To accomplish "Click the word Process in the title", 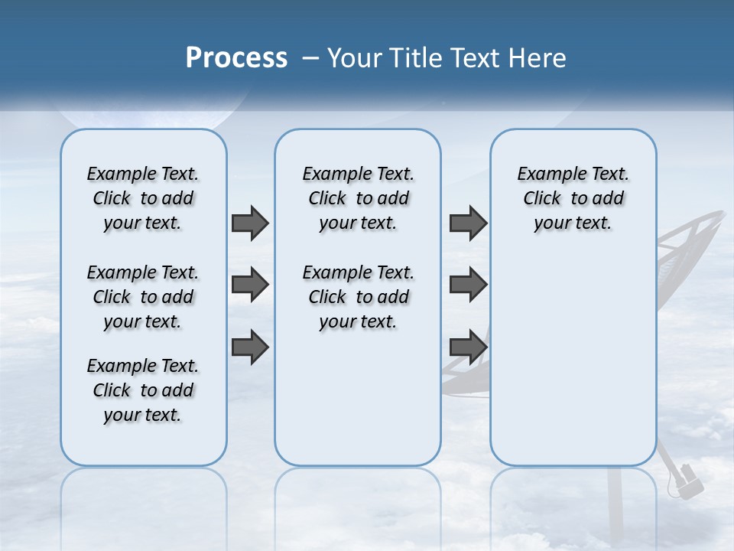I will point(236,58).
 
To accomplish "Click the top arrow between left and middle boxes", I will point(250,223).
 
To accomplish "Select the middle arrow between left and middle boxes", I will point(250,285).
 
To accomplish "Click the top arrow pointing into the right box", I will point(468,223).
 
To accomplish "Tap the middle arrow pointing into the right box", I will point(468,285).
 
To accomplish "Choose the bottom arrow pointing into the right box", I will point(468,347).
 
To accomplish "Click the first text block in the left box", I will point(143,198).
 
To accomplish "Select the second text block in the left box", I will point(143,297).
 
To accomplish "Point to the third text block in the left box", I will point(143,390).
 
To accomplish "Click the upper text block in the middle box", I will point(358,198).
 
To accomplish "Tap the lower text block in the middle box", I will point(358,297).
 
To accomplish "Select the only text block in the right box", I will point(573,198).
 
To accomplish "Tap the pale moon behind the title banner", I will point(153,115).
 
